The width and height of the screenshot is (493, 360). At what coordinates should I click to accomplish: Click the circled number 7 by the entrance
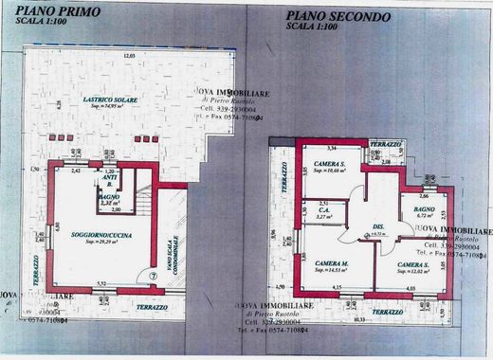click(154, 275)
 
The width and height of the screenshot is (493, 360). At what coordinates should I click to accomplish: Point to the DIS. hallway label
click(376, 225)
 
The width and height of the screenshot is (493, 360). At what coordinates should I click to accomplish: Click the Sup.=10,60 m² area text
click(330, 171)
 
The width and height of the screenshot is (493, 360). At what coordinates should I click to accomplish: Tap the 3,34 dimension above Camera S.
click(332, 149)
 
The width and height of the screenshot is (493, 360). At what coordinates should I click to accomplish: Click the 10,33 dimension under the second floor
click(359, 318)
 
